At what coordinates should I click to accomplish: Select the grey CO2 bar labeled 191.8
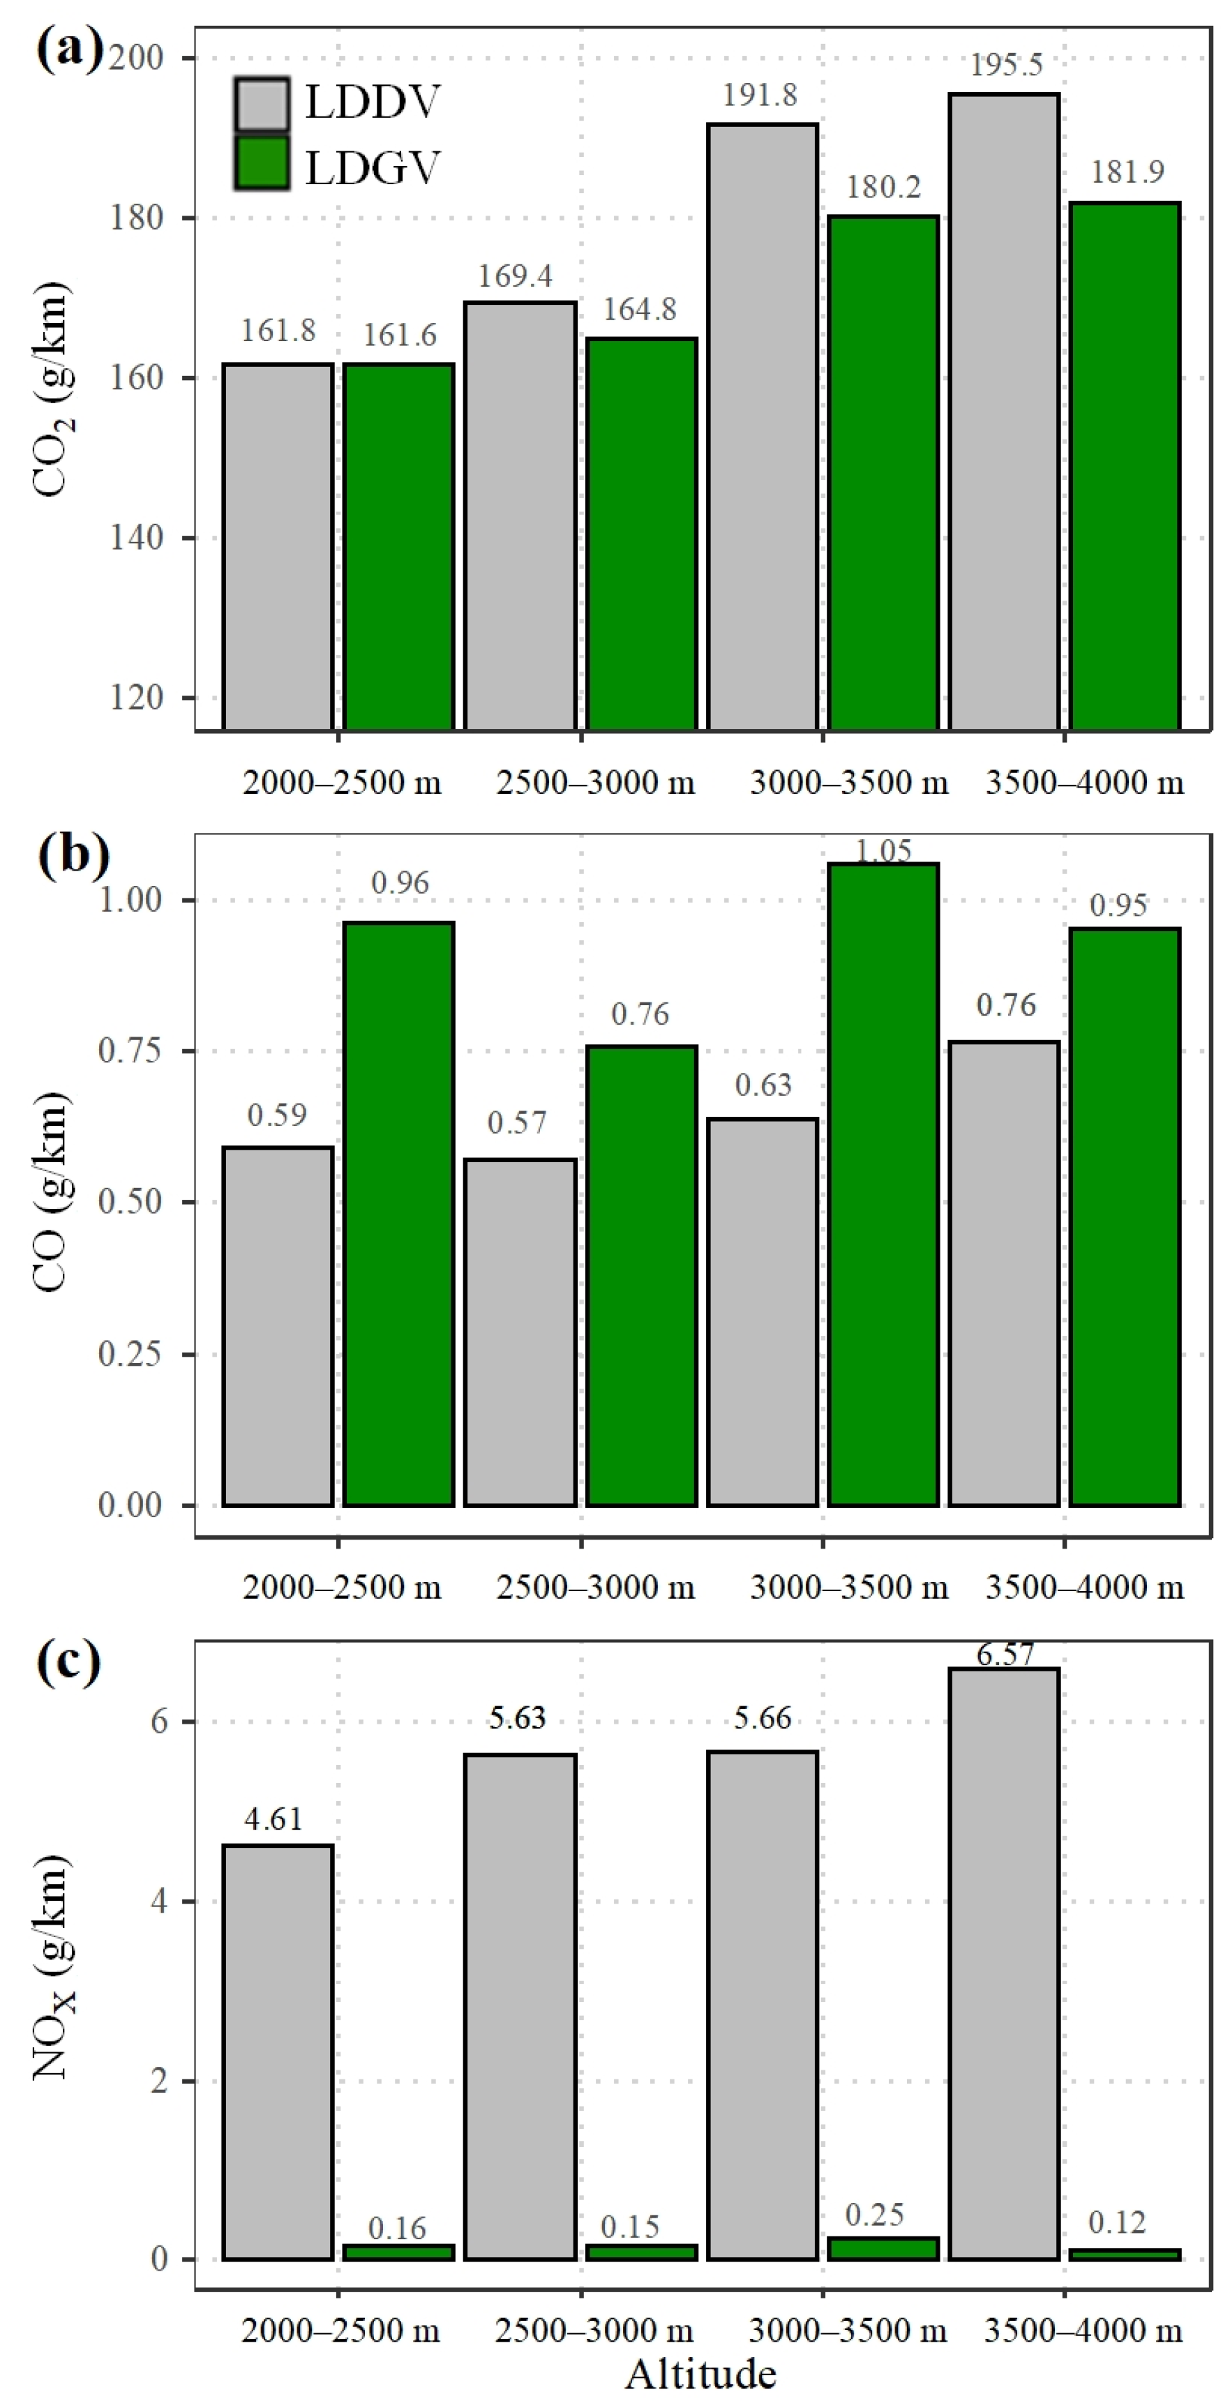coord(762,426)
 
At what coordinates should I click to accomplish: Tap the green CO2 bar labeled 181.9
coord(1125,465)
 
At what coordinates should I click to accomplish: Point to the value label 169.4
coord(515,276)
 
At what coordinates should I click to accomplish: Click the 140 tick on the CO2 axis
coord(137,538)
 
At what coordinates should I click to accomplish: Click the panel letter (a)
coord(68,49)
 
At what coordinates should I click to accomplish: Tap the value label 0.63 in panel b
coord(763,1085)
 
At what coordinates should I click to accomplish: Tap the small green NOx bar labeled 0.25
coord(883,2248)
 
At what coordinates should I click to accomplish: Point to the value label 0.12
coord(1117,2222)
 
